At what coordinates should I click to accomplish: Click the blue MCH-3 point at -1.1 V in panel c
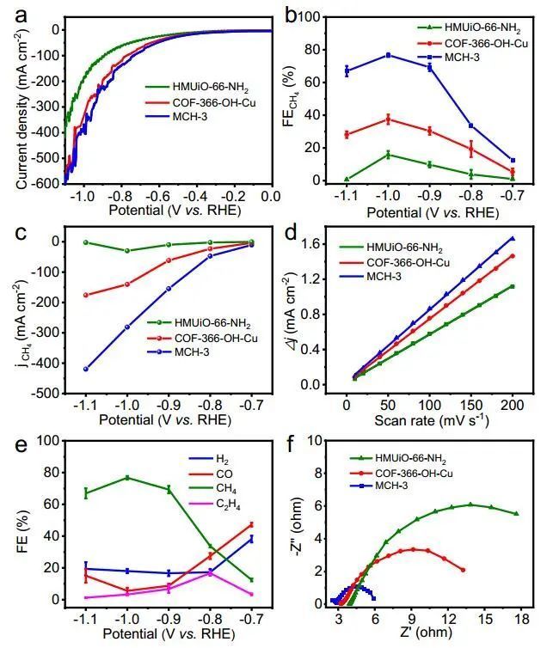coord(85,370)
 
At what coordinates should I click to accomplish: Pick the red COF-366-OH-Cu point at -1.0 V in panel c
coord(127,284)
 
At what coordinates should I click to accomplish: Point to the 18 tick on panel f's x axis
coord(516,620)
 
